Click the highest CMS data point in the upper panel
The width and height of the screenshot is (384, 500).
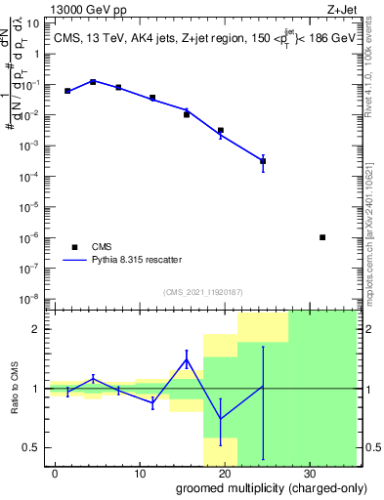tap(92, 82)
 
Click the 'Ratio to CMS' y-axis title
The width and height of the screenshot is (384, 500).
tap(15, 389)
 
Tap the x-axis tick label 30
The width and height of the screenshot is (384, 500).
tap(310, 472)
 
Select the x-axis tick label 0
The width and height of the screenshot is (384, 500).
tap(56, 472)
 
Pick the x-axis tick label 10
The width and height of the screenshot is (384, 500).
tap(140, 472)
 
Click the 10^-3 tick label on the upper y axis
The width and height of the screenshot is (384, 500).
tap(29, 146)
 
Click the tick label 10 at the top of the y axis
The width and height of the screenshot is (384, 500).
tap(32, 23)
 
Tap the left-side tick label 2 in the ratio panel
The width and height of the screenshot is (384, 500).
tap(36, 329)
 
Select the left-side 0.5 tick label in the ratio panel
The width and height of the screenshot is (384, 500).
tap(31, 447)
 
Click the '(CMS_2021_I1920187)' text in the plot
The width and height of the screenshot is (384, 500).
tap(202, 291)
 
